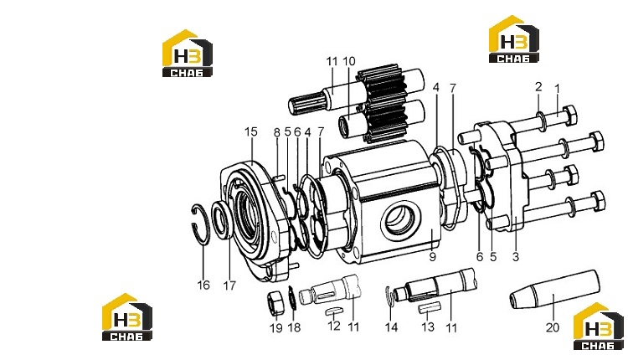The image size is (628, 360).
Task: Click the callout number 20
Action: (553, 327)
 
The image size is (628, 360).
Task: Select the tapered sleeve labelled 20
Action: (554, 289)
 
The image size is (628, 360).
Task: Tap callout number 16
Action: (203, 285)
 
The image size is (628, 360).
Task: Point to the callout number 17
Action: (229, 285)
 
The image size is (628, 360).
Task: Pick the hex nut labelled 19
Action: (275, 304)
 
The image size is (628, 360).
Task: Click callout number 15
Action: (251, 131)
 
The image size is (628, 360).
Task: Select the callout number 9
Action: (432, 257)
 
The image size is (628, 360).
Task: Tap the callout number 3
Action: (516, 257)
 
